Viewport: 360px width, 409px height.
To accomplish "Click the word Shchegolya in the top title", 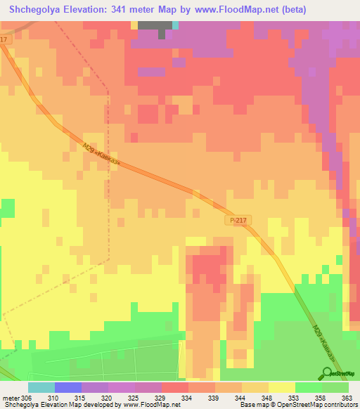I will pos(35,10).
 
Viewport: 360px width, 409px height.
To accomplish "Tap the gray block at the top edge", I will pos(154,26).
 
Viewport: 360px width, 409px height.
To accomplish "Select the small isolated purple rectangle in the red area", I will pos(151,72).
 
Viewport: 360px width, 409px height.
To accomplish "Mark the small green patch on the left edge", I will pos(7,208).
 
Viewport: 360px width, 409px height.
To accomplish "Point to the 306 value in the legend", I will pos(27,398).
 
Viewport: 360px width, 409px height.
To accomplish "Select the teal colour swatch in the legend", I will pos(41,387).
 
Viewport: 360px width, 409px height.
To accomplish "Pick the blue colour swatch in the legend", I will pos(67,387).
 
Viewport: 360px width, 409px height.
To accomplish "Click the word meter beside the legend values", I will pos(10,398).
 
